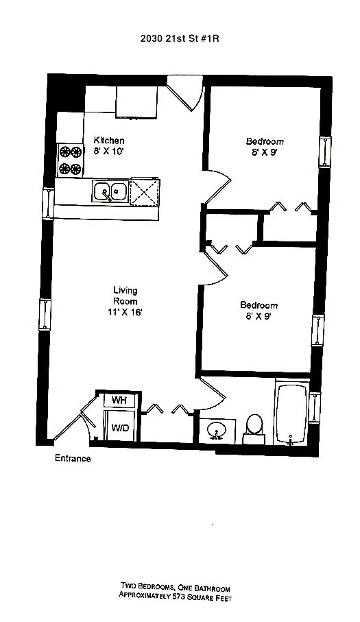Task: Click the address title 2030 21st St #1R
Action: (x=180, y=38)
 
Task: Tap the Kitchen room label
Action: (x=108, y=141)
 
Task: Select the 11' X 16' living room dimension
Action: (x=125, y=312)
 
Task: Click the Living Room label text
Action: (x=125, y=296)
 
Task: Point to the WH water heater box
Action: (x=119, y=400)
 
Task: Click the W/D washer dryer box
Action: (x=119, y=427)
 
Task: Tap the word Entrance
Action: (x=73, y=459)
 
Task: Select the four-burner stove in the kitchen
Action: (x=70, y=160)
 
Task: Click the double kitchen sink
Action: (x=110, y=191)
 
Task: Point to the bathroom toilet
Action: (x=254, y=429)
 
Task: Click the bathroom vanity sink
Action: (x=217, y=431)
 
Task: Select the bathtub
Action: (x=291, y=413)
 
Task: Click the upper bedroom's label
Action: (x=265, y=141)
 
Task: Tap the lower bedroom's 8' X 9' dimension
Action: (x=259, y=316)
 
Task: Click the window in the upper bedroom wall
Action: (x=325, y=152)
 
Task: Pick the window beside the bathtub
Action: (x=314, y=408)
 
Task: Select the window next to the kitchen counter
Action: (x=49, y=203)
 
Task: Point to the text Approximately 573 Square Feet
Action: (x=175, y=596)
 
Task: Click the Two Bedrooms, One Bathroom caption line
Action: (x=176, y=587)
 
